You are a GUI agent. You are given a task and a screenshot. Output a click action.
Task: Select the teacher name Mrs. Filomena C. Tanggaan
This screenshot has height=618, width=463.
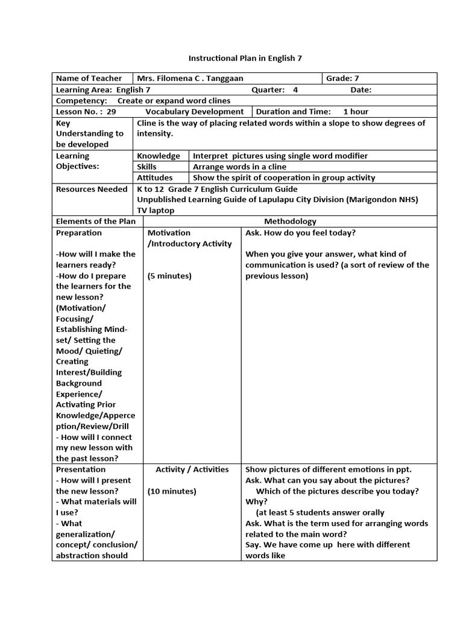click(190, 78)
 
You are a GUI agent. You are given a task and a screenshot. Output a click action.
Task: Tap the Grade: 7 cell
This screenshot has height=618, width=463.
click(342, 78)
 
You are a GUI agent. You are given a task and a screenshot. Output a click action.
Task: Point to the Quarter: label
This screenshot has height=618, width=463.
click(268, 90)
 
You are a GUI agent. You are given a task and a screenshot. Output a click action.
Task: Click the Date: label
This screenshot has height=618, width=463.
click(361, 90)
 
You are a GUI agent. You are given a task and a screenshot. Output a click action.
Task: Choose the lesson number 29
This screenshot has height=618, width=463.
click(111, 112)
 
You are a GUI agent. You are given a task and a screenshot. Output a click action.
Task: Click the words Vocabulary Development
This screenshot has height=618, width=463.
click(194, 112)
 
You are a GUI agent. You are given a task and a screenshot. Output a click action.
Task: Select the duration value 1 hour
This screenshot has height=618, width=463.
click(356, 112)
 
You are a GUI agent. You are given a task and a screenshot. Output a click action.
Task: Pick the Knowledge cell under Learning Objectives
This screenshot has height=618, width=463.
click(159, 156)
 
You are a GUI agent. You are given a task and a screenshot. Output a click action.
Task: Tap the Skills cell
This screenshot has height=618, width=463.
click(146, 167)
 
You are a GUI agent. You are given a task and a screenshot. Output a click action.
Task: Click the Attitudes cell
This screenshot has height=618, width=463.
click(155, 177)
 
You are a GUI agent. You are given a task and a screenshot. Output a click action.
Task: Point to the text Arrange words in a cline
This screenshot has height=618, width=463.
click(239, 167)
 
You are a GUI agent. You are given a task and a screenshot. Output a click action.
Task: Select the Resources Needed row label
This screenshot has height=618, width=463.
click(92, 189)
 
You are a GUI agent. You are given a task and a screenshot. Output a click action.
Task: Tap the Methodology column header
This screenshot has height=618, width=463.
click(290, 221)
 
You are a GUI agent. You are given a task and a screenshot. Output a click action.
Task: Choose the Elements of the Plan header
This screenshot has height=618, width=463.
click(95, 221)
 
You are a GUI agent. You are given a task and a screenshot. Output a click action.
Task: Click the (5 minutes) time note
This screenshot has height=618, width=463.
click(169, 276)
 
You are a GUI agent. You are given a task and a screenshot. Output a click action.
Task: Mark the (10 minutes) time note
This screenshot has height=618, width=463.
click(172, 491)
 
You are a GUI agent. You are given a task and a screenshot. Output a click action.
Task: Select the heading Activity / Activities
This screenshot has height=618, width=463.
click(192, 470)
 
